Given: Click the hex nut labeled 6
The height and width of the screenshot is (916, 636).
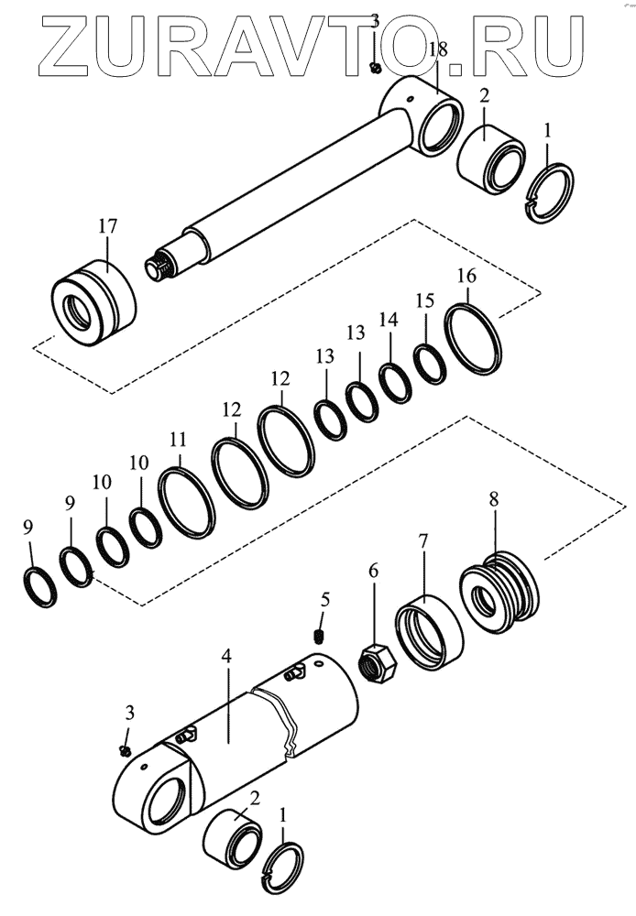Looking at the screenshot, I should click(375, 660).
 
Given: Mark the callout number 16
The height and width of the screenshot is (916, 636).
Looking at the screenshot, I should click(466, 275).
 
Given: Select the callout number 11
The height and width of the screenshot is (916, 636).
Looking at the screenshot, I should click(179, 440).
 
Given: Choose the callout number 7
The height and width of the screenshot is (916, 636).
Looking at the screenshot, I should click(423, 541).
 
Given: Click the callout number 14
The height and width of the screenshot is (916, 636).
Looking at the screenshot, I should click(389, 320).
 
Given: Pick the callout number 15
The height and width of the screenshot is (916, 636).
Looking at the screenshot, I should click(423, 300).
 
